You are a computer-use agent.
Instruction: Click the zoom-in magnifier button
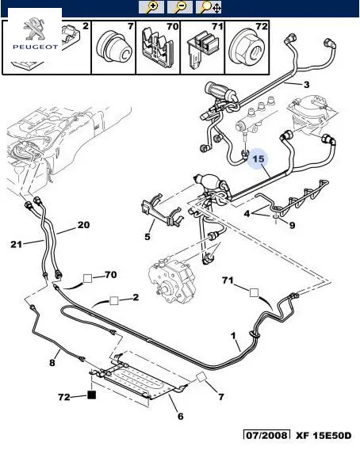coord(151,7)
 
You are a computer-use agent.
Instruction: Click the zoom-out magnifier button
coord(180,7)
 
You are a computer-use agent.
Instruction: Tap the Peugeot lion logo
coord(34,29)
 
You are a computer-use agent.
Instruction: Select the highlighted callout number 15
coord(259,158)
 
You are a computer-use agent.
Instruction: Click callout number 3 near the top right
coord(306,85)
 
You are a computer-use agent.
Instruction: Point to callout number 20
coord(83,225)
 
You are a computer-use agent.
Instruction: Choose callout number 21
coord(16,244)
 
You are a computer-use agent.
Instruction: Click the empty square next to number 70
coord(88,279)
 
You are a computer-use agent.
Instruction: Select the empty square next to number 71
coord(254,292)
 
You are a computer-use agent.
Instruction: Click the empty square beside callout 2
coord(114,300)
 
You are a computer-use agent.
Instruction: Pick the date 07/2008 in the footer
coord(266,435)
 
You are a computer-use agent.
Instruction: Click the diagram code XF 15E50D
coord(324,435)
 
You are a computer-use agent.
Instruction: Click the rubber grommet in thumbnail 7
coord(115,48)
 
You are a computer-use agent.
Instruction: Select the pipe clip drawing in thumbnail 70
coord(157,47)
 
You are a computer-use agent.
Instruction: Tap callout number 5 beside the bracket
coord(147,237)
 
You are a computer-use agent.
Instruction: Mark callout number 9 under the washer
coord(292,225)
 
